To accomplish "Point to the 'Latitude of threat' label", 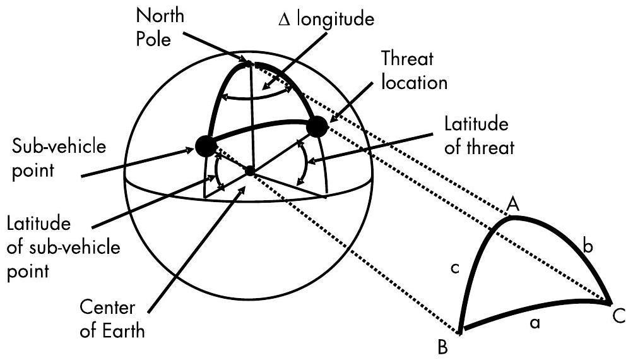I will pos(480,135).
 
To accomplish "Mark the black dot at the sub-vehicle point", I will pos(205,146).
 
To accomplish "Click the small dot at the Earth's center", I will pos(251,171).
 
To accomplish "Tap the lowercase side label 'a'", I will pos(535,324).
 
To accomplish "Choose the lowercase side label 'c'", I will pos(455,270).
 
